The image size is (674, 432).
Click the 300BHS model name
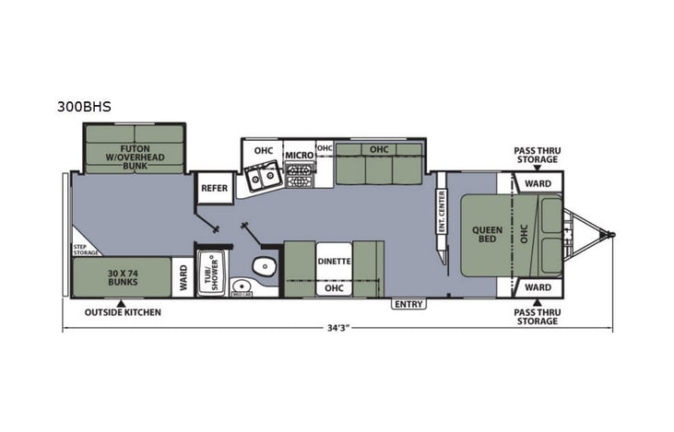(84, 107)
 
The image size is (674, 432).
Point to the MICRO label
(299, 155)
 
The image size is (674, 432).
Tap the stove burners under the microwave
(299, 175)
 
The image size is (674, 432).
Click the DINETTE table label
(334, 261)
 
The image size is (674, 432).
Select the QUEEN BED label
(486, 235)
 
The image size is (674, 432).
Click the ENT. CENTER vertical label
(442, 211)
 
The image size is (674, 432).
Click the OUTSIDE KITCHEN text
(123, 312)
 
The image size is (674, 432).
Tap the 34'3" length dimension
(337, 328)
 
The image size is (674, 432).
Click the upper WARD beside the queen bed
(538, 183)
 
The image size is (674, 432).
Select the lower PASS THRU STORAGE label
(537, 317)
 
